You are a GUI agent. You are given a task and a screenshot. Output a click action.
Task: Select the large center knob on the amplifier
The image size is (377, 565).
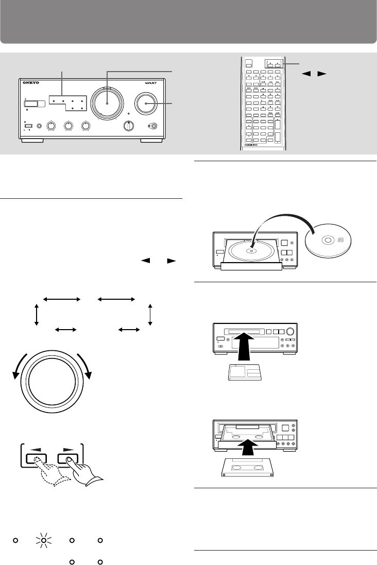point(108,101)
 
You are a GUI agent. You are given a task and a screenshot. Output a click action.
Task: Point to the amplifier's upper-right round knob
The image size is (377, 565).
point(146,102)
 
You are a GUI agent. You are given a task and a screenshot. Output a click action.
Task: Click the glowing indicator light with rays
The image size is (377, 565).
point(44,541)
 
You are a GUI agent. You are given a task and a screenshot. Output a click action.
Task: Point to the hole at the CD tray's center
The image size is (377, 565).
point(251,252)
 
